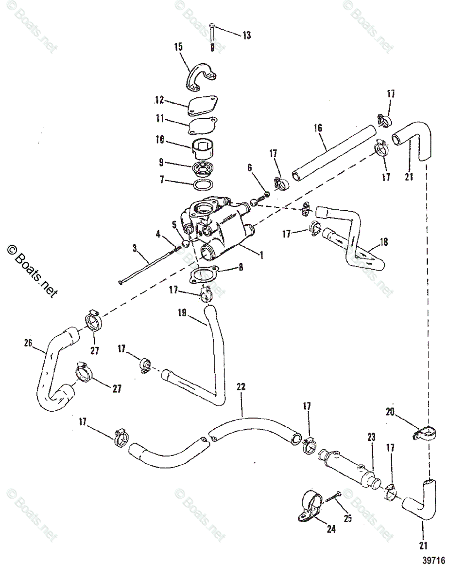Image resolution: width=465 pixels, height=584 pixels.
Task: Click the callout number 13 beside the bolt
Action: (x=247, y=36)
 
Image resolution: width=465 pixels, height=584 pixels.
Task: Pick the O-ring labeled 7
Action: (x=202, y=185)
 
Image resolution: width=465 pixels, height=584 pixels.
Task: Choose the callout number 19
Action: (x=182, y=314)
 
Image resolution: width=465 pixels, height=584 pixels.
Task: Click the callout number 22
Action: (x=241, y=387)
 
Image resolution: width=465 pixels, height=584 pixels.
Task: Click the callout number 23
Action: (x=371, y=438)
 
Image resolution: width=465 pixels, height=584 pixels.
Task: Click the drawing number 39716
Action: (x=433, y=560)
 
